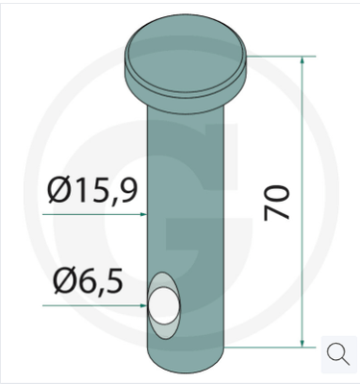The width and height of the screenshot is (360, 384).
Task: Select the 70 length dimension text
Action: [278, 204]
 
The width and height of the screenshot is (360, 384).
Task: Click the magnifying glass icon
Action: [338, 353]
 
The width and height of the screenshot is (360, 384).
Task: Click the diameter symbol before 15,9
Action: [60, 192]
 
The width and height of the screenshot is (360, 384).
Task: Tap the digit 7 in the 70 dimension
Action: [278, 213]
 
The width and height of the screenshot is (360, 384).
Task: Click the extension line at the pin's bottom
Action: [269, 346]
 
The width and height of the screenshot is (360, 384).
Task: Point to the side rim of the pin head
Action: [186, 84]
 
